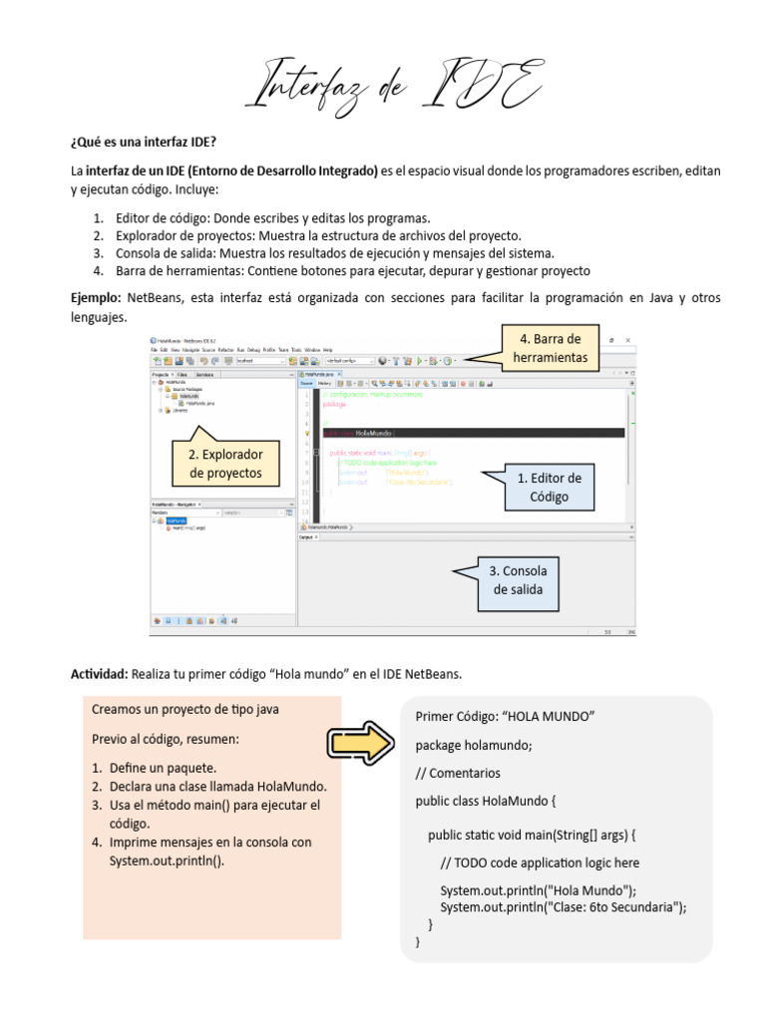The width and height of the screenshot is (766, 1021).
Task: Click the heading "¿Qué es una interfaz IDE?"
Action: point(143,138)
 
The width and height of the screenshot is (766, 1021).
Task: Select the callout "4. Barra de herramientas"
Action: point(550,348)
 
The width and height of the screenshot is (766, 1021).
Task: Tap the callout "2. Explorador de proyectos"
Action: point(225,464)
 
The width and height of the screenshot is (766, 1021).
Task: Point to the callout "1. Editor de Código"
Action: point(549,487)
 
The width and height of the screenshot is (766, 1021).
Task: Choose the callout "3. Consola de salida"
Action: point(519,580)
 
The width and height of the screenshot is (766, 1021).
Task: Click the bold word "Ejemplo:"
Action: point(96,298)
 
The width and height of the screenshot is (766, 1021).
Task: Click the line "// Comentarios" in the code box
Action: point(458,773)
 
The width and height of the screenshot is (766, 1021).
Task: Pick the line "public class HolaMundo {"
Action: point(486,801)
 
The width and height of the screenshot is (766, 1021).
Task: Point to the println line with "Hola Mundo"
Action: point(538,890)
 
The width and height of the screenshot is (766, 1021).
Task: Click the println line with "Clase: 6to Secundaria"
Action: point(564,906)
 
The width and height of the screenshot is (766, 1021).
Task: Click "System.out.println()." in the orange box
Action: point(167,860)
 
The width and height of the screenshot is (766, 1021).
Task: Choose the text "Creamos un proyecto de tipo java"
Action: point(186,709)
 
